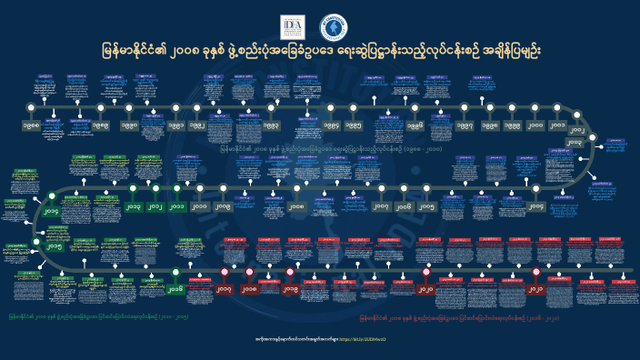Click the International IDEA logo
point(293,27)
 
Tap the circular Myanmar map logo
point(334,28)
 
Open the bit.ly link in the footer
point(369,338)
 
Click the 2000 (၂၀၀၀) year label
point(535,125)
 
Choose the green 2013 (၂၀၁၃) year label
point(133,206)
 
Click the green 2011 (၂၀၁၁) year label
point(176,206)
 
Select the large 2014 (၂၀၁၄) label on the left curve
point(52,212)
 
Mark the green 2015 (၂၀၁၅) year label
point(55,246)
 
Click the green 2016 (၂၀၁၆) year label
point(175,288)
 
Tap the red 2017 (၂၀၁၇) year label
point(225,289)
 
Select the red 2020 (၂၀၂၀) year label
point(425,289)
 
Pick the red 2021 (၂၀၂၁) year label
point(535,289)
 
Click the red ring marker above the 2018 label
point(249,272)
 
